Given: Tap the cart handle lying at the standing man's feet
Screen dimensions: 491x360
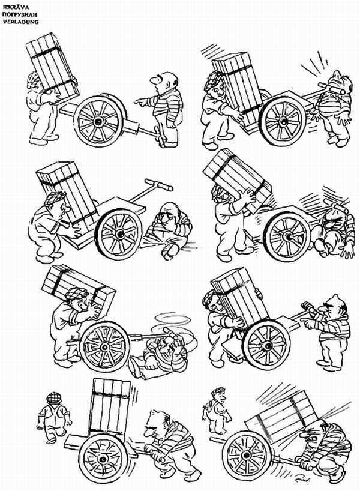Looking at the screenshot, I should click(161, 137).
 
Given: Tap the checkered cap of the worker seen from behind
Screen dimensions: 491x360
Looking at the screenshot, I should click(53, 397).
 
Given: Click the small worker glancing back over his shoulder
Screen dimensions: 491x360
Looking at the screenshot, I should click(218, 408).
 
